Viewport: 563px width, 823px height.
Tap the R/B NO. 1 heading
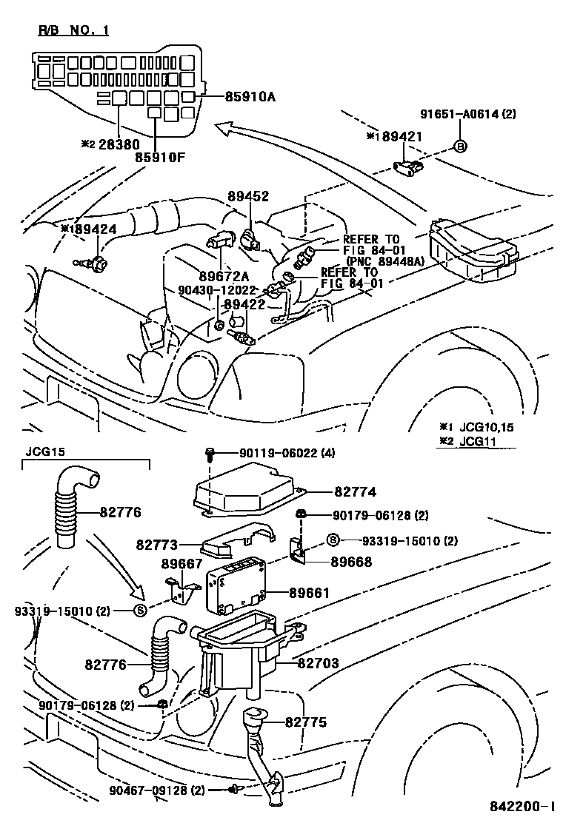point(73,30)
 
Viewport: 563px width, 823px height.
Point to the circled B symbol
point(459,146)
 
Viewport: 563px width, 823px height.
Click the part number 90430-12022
point(216,291)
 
